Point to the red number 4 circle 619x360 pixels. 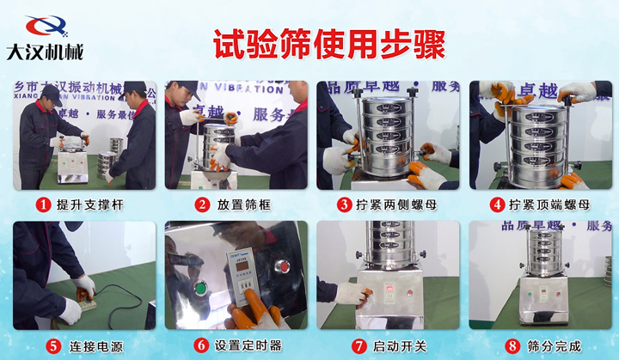(497, 205)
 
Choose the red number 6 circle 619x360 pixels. (201, 345)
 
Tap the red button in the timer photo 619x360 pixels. (281, 267)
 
